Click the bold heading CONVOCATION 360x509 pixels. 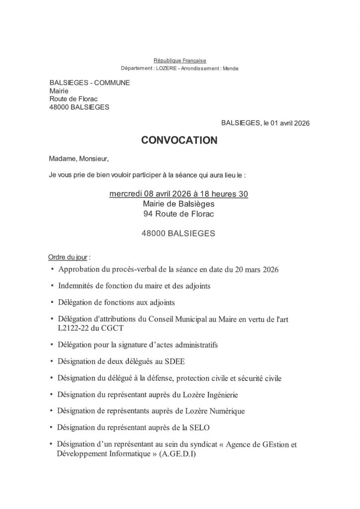pyautogui.click(x=180, y=141)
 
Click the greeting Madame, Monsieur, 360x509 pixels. pyautogui.click(x=79, y=159)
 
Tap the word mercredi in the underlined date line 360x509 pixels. pyautogui.click(x=125, y=194)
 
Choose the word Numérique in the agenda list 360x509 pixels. pyautogui.click(x=225, y=411)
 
